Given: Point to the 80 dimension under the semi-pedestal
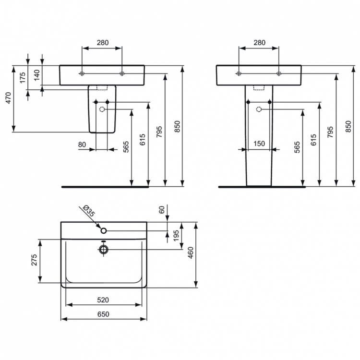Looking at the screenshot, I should [82, 144].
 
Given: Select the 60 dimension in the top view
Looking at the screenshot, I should [161, 209].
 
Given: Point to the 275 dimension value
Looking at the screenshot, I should [35, 261].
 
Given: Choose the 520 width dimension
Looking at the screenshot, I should [103, 300].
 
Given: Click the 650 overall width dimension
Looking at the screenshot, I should [103, 314].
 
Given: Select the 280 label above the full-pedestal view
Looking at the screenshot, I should [259, 43].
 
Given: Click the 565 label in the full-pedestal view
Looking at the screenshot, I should [297, 147].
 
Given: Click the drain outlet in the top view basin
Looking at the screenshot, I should [103, 249].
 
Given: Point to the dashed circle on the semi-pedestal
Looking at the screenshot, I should [102, 109].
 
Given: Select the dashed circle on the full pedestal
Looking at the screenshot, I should [259, 109].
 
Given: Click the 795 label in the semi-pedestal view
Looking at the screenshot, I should [159, 132].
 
